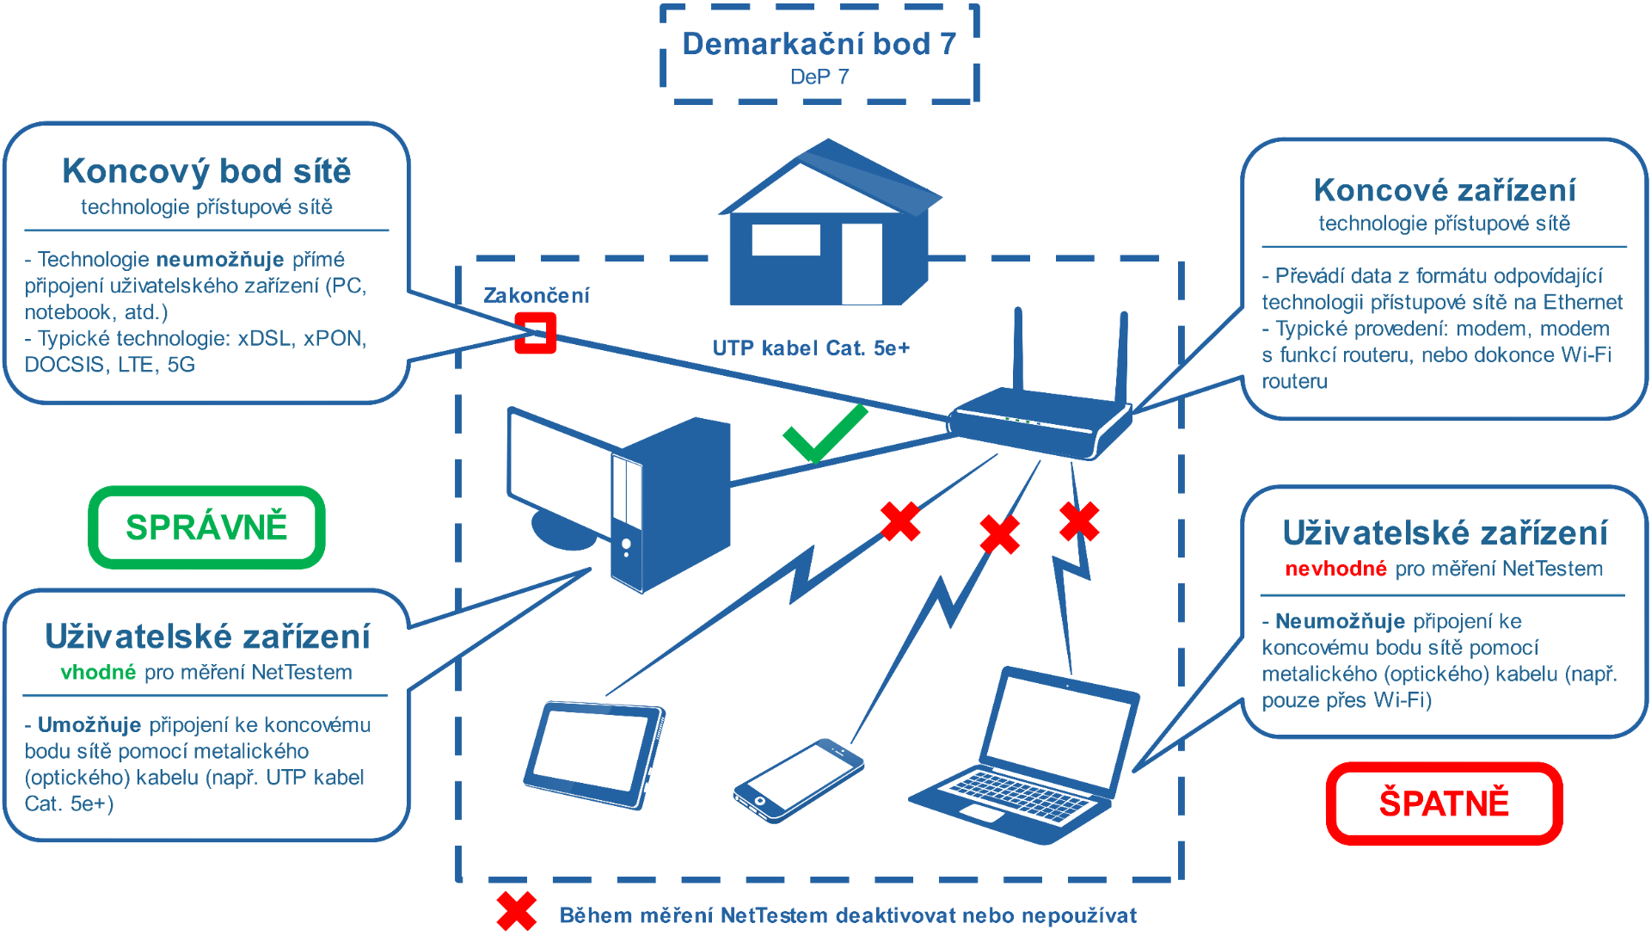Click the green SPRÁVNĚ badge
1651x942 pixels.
click(206, 527)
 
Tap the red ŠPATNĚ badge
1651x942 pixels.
click(1444, 803)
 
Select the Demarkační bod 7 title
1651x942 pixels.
click(819, 44)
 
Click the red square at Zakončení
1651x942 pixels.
click(535, 332)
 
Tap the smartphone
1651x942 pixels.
click(798, 779)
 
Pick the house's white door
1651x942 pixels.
click(862, 263)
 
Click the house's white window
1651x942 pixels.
click(786, 239)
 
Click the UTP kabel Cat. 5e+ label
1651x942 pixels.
click(811, 348)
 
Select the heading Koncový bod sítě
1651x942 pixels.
click(206, 171)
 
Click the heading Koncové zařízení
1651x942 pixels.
click(1445, 190)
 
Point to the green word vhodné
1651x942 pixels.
click(98, 672)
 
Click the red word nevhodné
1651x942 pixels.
click(1335, 569)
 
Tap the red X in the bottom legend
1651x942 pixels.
click(517, 912)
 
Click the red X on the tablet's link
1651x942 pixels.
click(900, 521)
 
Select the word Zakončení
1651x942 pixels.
click(537, 296)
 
